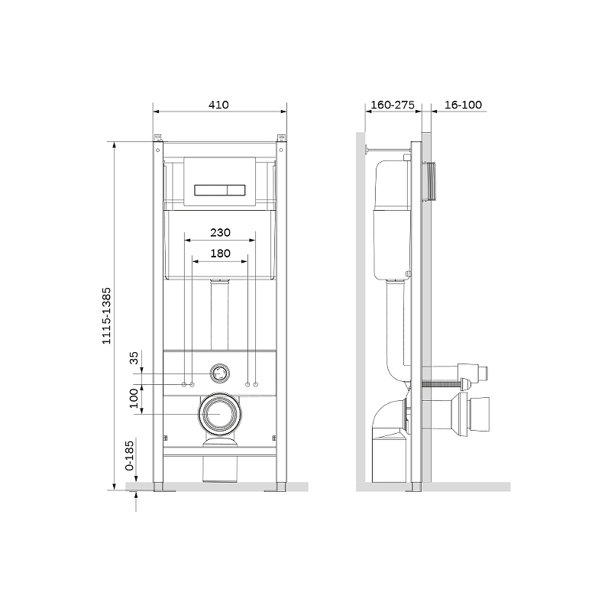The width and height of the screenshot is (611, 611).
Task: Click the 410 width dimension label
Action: (218, 105)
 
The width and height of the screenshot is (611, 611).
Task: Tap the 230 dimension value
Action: (220, 233)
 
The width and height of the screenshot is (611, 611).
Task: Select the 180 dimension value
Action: (220, 254)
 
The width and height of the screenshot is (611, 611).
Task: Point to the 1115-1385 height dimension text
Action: (106, 316)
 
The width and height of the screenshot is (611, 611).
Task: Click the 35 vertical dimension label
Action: (134, 357)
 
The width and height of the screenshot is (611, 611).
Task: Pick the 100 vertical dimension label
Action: (134, 398)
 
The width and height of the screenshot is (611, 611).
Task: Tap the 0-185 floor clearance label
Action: (129, 455)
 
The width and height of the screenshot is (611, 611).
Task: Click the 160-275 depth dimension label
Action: (393, 105)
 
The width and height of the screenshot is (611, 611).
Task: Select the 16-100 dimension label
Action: (463, 105)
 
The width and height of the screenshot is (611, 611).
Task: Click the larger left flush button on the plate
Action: (211, 189)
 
